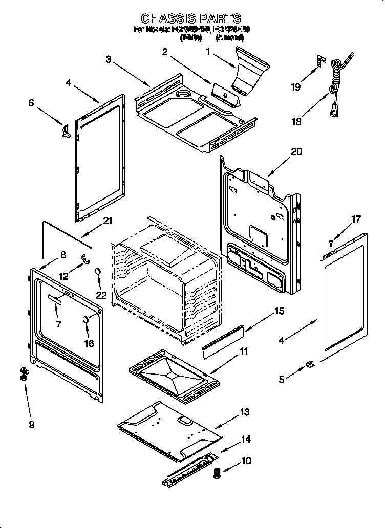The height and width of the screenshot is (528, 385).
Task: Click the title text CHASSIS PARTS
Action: [x=190, y=19]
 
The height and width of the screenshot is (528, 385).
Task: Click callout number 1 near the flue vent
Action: [x=208, y=51]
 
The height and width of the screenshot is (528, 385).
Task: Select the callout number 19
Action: [x=295, y=87]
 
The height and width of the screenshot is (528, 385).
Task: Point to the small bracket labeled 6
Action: [x=65, y=131]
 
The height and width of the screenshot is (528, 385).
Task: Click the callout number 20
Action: [x=296, y=151]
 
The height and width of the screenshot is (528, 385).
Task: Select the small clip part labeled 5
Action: [x=310, y=364]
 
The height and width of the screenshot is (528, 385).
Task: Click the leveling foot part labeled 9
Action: [x=23, y=373]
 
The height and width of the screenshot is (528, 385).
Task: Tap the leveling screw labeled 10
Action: [x=217, y=474]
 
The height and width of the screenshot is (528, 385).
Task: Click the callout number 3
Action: [x=109, y=59]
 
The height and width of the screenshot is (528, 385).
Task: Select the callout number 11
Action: [x=244, y=351]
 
